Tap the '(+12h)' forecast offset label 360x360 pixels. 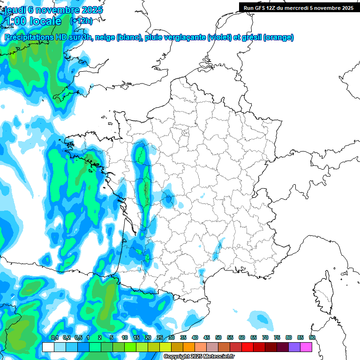click(x=81, y=21)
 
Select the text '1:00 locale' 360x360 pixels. click(x=32, y=21)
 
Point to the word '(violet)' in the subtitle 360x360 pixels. click(x=219, y=37)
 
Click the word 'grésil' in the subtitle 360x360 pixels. click(x=251, y=37)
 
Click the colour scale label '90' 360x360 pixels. click(x=312, y=337)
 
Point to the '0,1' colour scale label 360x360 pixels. click(x=54, y=337)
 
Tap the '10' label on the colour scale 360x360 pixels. click(x=125, y=337)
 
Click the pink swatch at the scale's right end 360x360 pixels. click(x=306, y=347)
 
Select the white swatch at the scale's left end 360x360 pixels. click(x=48, y=347)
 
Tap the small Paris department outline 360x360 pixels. click(x=185, y=133)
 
